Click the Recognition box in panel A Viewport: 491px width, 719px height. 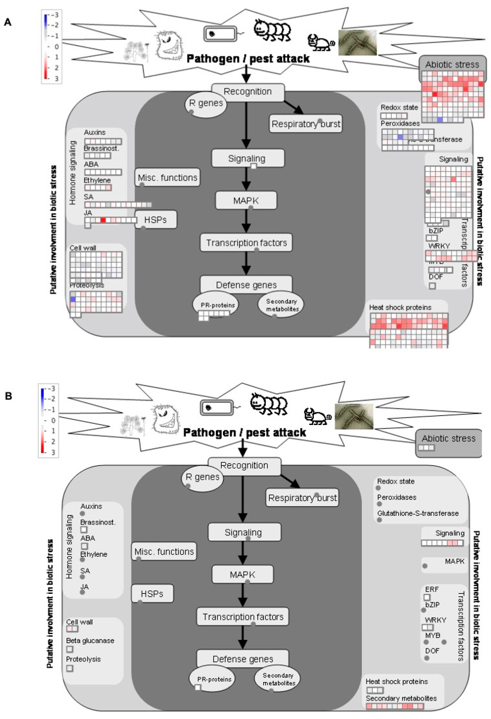[247, 92]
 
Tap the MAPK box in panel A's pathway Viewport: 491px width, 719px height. [246, 201]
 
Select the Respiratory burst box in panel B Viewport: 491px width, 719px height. [302, 498]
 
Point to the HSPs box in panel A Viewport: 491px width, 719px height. [155, 220]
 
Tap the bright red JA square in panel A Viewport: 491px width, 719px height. [103, 220]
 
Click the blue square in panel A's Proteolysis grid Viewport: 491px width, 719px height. [73, 299]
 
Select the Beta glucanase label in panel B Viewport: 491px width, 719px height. [90, 641]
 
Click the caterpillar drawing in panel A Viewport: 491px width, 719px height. [272, 30]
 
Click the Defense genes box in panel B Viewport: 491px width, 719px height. [243, 659]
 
